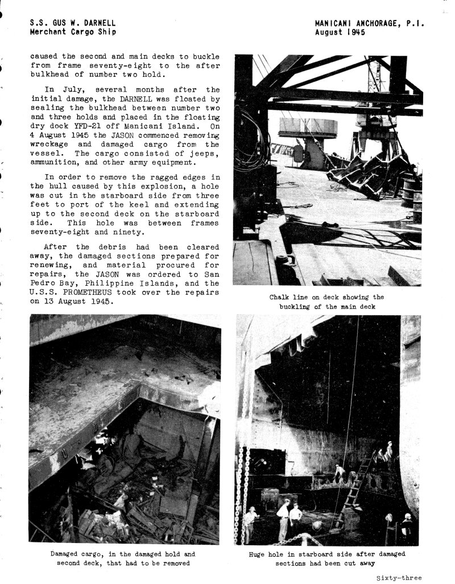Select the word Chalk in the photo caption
[280, 297]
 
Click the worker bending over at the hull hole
[340, 471]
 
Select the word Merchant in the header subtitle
[51, 32]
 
